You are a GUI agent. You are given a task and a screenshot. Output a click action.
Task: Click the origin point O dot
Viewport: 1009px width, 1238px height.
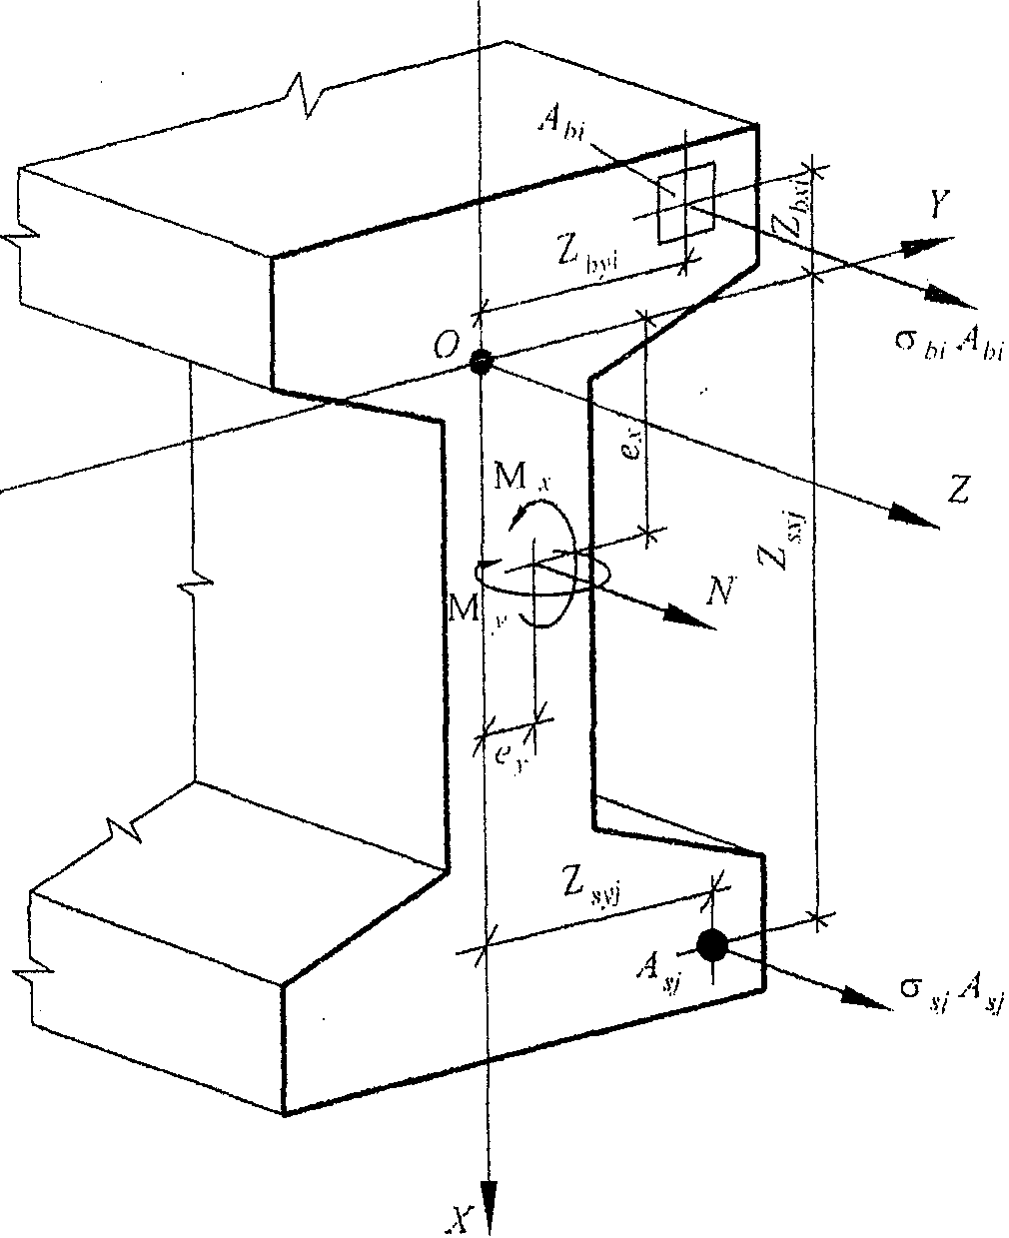481,362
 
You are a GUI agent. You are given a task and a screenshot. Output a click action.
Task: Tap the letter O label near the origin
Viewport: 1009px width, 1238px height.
446,348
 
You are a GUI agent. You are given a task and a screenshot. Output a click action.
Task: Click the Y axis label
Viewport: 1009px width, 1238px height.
936,207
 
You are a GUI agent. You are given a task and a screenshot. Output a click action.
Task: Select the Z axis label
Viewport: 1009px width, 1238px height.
958,490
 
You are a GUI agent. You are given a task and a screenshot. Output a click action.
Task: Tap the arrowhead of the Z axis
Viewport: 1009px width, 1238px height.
917,517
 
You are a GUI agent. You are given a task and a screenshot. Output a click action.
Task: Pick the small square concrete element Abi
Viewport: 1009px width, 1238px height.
685,203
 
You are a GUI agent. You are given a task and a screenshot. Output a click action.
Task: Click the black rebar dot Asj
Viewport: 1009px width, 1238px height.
711,944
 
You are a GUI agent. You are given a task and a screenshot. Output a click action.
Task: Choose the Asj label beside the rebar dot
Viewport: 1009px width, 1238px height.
659,966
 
